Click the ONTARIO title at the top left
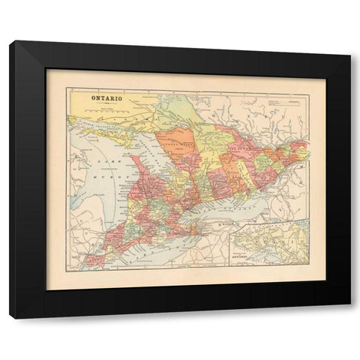107,97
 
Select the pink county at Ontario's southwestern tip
94,259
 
